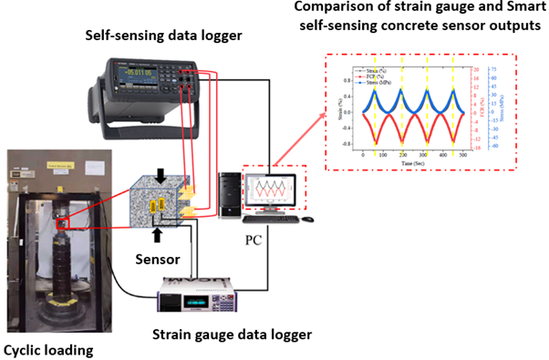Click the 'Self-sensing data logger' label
pos(151,38)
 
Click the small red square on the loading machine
pos(63,223)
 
